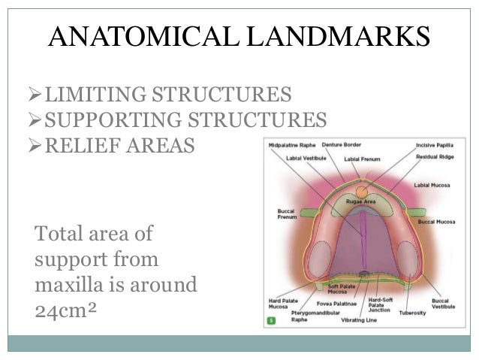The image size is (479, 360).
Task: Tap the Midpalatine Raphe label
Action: pyautogui.click(x=291, y=145)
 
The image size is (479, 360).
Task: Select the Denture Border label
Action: pyautogui.click(x=342, y=145)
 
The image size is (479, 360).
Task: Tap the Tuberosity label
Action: pyautogui.click(x=412, y=312)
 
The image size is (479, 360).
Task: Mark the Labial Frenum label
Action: pyautogui.click(x=362, y=159)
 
